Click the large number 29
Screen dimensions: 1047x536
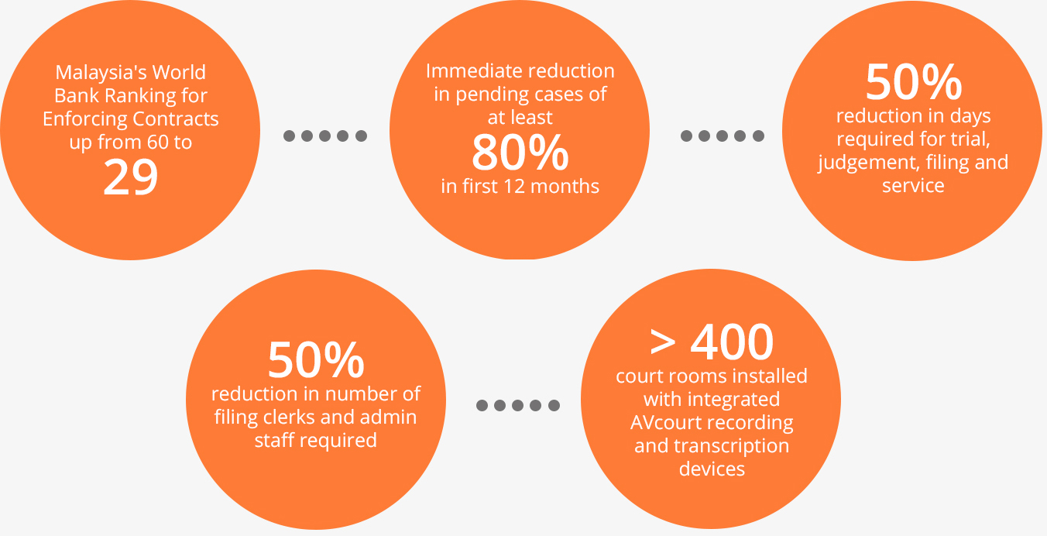coord(130,177)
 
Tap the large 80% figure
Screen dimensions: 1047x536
coord(520,153)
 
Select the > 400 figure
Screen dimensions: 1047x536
coord(712,342)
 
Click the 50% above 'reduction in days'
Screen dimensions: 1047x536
coord(913,82)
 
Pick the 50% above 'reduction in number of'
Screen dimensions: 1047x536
coord(315,360)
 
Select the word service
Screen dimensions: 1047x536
coord(913,186)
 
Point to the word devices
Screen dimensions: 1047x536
coord(712,469)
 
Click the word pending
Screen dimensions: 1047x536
coord(485,94)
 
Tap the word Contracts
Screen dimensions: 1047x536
coord(175,119)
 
